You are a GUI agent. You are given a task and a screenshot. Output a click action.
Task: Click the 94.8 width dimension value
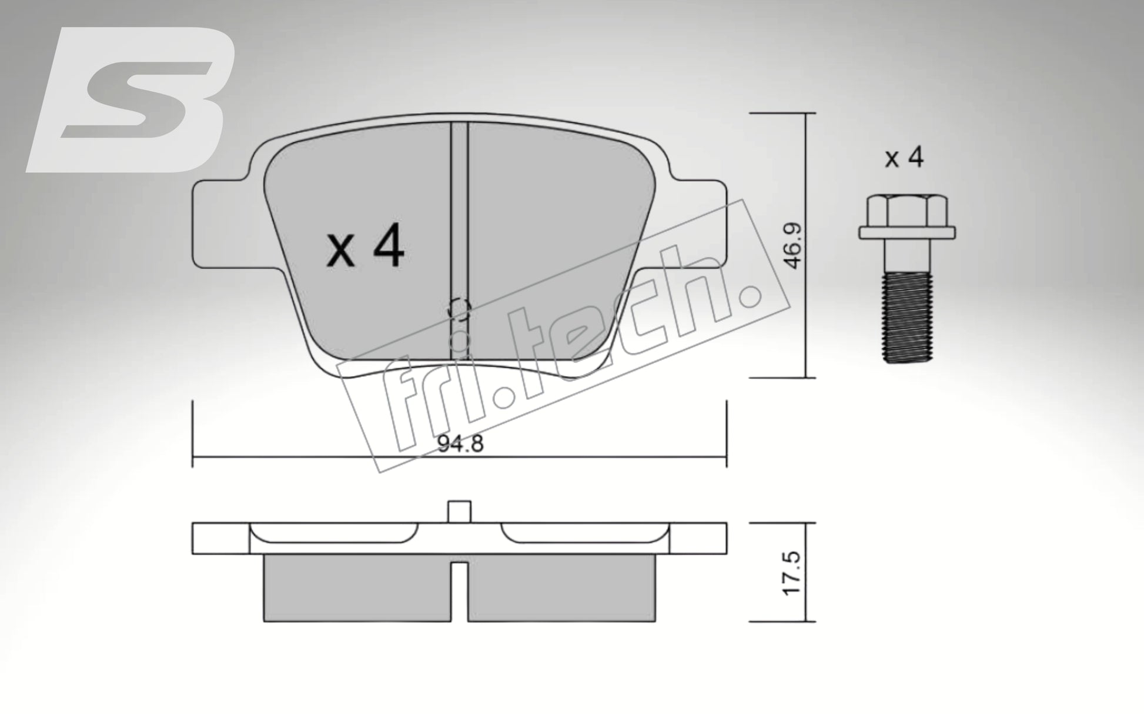[460, 444]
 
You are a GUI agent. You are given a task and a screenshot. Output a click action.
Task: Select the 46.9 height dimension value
[794, 245]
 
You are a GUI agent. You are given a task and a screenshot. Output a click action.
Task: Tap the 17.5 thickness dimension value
[794, 572]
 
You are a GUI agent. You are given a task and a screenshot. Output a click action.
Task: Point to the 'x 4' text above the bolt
[904, 158]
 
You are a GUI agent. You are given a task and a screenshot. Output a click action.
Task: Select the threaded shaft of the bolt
[908, 318]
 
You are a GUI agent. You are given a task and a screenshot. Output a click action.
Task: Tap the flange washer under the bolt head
[906, 232]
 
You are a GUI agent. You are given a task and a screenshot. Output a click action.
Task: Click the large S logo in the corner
[132, 100]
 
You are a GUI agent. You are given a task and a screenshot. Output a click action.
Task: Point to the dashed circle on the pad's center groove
[459, 309]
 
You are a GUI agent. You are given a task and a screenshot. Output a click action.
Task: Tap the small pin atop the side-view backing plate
[459, 511]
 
